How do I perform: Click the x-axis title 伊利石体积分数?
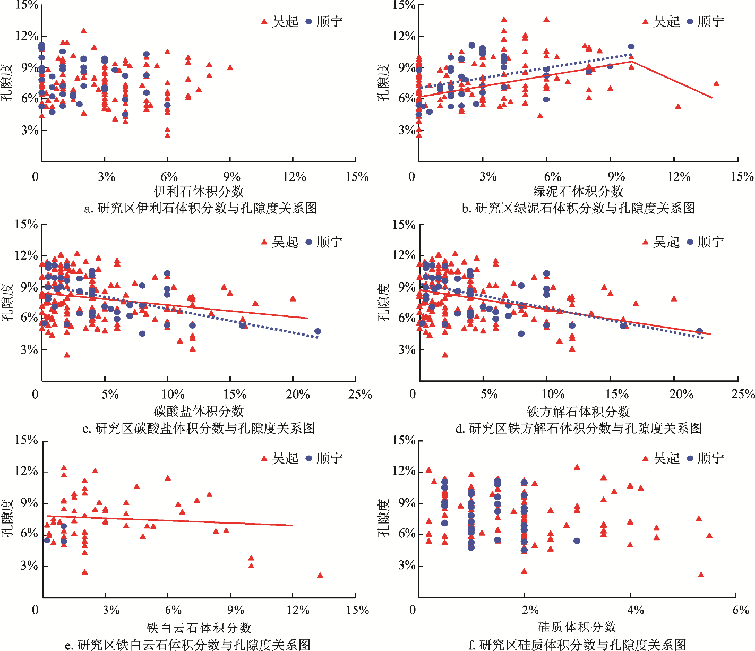click(x=199, y=191)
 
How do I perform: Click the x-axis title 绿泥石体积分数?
click(x=578, y=191)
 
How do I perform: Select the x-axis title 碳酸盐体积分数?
click(x=199, y=411)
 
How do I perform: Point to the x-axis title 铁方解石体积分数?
click(x=578, y=412)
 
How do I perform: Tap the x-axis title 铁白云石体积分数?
click(x=199, y=628)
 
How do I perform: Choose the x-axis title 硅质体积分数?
click(x=577, y=627)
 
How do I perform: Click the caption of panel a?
click(x=201, y=208)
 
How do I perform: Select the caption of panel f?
click(x=578, y=645)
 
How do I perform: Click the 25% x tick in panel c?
click(x=360, y=395)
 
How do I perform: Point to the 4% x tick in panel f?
click(x=636, y=610)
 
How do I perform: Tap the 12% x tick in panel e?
click(x=298, y=610)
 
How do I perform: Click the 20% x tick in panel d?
click(x=681, y=395)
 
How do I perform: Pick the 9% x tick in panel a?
click(x=232, y=177)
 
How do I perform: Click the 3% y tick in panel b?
click(x=406, y=130)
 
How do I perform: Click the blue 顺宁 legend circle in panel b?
click(x=690, y=22)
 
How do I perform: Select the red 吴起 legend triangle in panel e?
click(x=264, y=458)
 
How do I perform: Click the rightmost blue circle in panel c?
click(x=318, y=331)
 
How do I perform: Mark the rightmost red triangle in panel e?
click(x=320, y=575)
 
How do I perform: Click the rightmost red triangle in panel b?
click(x=716, y=83)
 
